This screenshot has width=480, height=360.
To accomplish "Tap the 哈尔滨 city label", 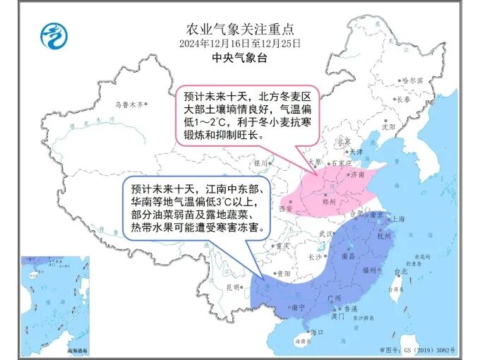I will pyautogui.click(x=411, y=80).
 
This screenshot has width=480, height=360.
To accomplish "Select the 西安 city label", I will pyautogui.click(x=286, y=209).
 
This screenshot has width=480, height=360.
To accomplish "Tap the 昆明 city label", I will pyautogui.click(x=233, y=287).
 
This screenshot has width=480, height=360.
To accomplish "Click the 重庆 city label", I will pyautogui.click(x=283, y=246).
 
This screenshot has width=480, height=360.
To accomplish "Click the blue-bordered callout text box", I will pyautogui.click(x=195, y=208).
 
